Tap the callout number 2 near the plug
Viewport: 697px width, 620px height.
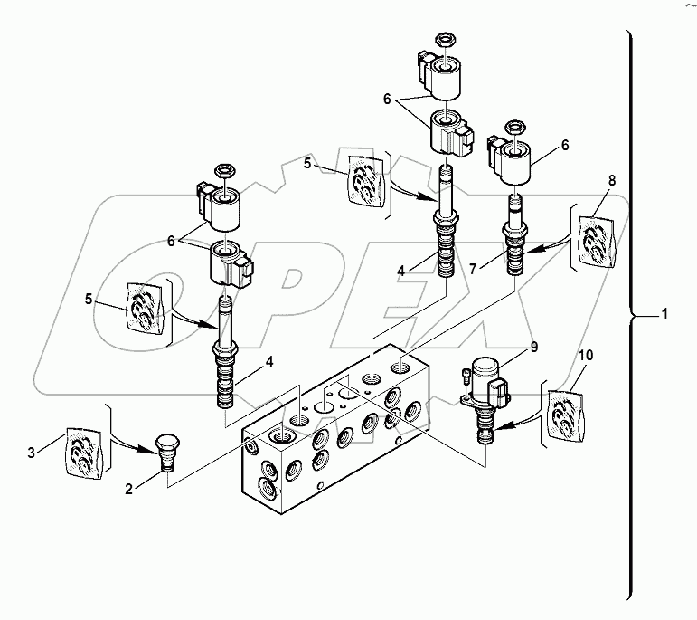tap(129, 490)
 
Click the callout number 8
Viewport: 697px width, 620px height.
tap(611, 180)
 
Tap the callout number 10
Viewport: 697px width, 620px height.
tap(585, 356)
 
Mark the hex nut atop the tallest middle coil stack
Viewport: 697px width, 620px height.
tap(445, 41)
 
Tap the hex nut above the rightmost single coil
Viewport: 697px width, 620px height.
tap(515, 125)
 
